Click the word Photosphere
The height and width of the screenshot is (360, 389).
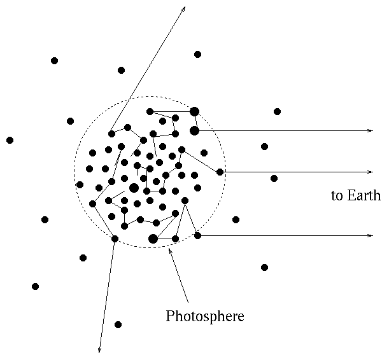point(204,315)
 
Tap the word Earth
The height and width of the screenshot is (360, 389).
point(364,195)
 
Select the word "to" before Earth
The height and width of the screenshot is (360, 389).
point(336,195)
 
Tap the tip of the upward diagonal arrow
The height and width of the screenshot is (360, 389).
point(185,7)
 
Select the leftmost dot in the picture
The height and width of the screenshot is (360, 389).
point(10,140)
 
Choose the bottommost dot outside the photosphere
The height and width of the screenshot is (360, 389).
point(118,324)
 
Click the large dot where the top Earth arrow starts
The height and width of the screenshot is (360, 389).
point(194,130)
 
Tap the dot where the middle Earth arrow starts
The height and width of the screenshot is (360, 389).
point(220,172)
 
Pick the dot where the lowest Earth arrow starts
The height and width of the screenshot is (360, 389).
point(197,235)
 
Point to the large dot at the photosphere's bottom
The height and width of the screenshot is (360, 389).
point(153,239)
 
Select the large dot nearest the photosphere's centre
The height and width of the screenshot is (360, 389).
point(134,188)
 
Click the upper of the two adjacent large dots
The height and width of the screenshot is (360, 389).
point(194,111)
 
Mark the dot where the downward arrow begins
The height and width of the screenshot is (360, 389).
point(115,239)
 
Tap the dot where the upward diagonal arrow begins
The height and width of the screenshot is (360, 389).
point(111,134)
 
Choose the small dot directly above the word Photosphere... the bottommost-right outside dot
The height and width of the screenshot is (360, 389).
point(264,267)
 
